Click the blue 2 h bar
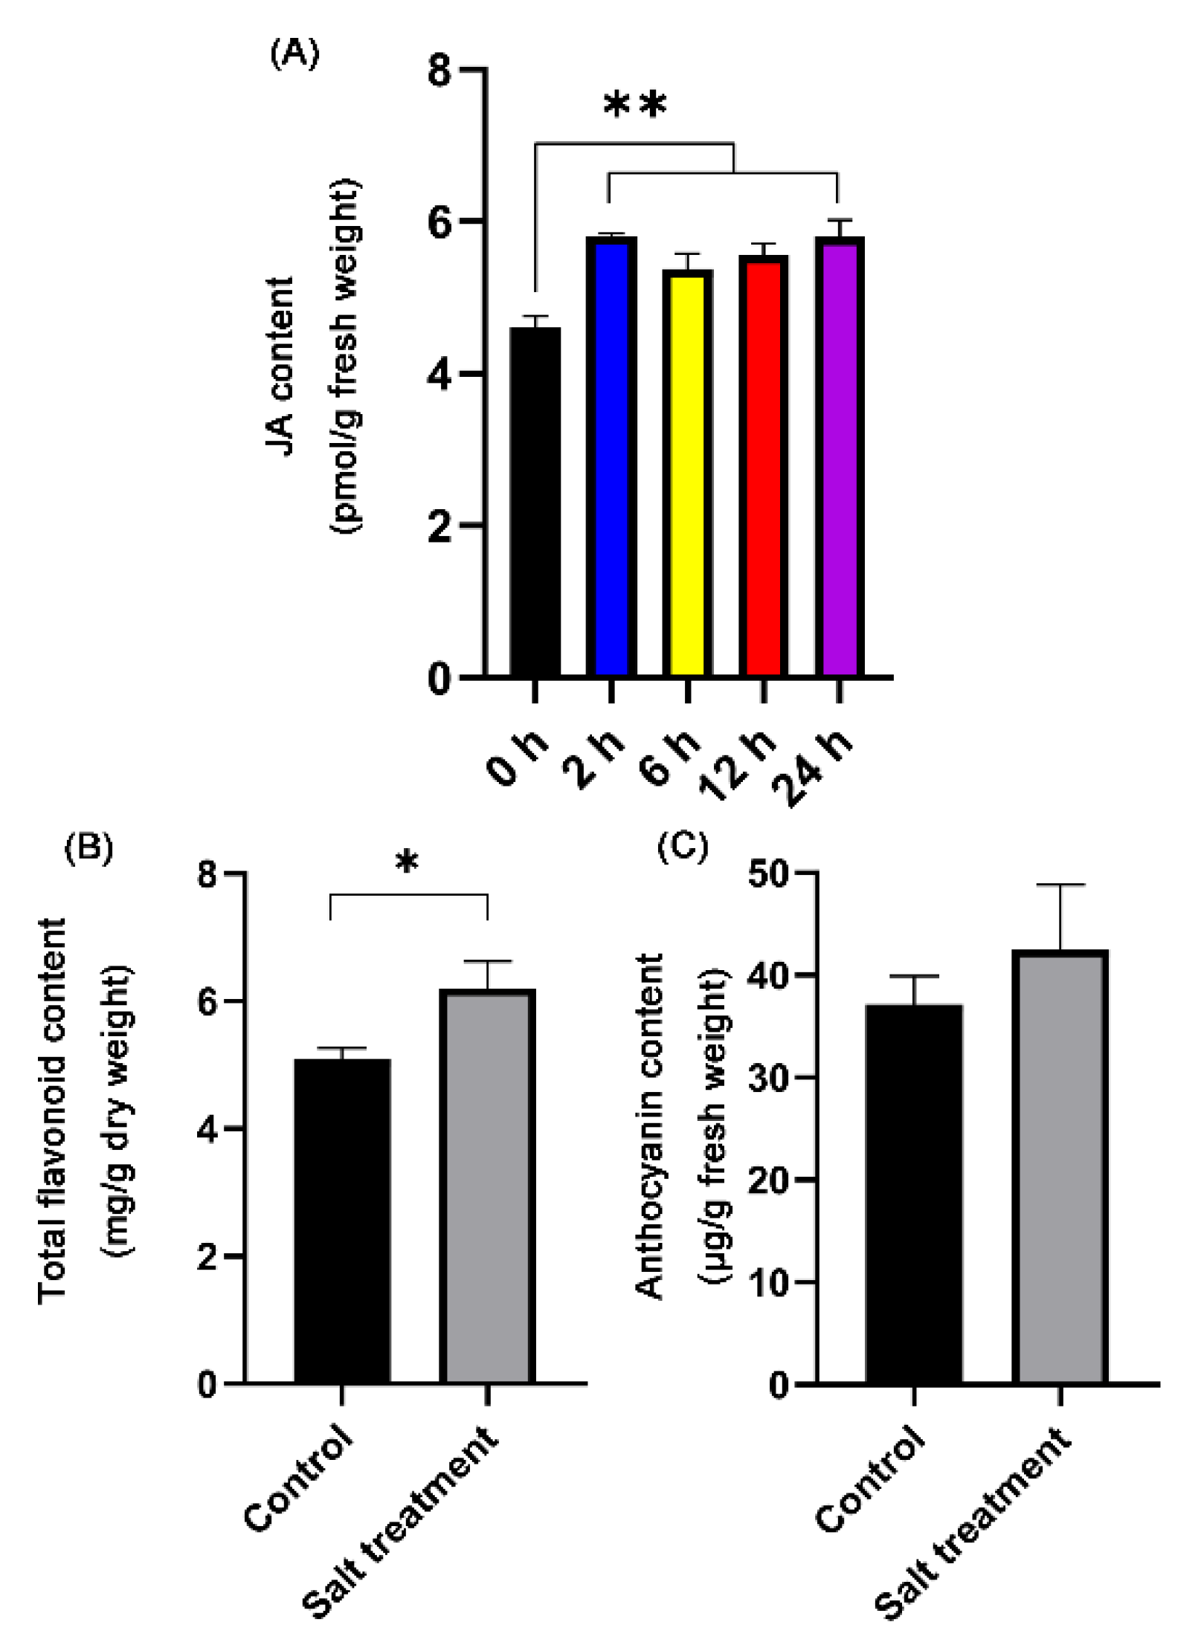point(611,457)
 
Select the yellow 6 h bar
point(687,474)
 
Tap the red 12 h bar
point(763,466)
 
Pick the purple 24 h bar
point(839,457)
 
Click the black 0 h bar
point(535,502)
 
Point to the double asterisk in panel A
point(634,106)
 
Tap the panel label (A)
point(294,54)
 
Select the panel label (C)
point(682,847)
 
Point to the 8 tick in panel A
point(439,71)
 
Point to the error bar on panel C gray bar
point(1060,917)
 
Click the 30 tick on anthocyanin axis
point(770,1078)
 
